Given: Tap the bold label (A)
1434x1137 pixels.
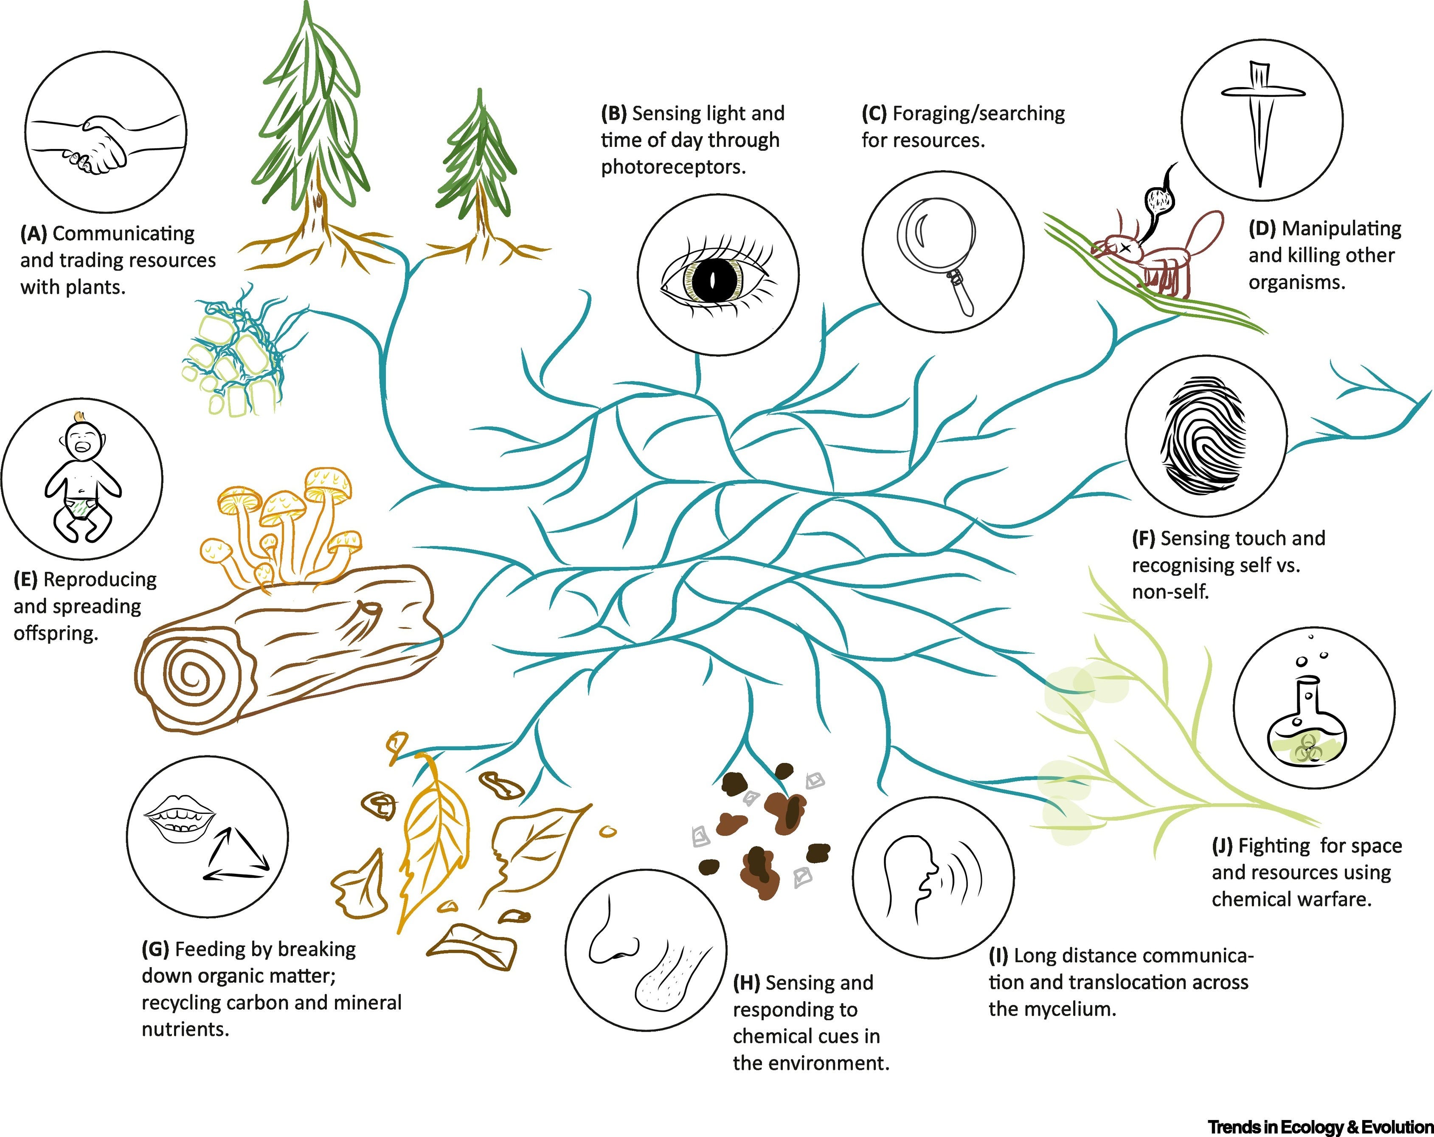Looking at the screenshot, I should click(33, 234).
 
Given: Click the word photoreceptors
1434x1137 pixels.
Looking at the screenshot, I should click(673, 167).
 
